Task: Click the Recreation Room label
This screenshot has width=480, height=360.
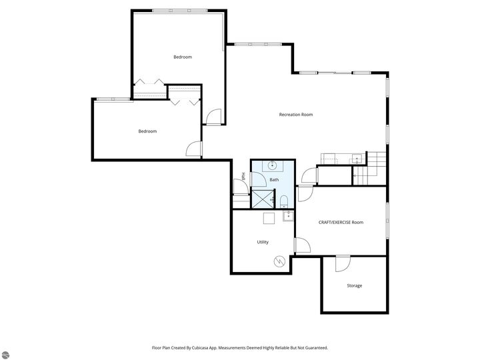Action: (x=296, y=115)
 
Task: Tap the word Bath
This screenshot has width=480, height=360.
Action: (x=274, y=180)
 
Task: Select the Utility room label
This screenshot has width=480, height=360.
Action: (x=263, y=242)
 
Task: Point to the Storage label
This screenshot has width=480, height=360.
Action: (x=355, y=285)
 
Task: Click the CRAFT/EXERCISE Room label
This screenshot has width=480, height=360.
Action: (x=341, y=222)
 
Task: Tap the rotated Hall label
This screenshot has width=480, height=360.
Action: (x=244, y=176)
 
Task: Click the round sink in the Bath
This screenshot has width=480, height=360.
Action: (x=272, y=165)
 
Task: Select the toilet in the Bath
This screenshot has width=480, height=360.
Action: (x=284, y=202)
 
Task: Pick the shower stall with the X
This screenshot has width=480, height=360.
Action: (x=263, y=199)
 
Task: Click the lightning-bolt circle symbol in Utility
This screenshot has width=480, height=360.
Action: (x=279, y=261)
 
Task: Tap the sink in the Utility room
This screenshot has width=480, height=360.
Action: (x=288, y=216)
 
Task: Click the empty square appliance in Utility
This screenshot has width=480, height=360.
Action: (x=269, y=218)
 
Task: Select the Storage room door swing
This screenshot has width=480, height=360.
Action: (x=343, y=264)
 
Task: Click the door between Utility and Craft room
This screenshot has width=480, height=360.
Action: (x=303, y=245)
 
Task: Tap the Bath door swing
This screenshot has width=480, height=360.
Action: (x=259, y=179)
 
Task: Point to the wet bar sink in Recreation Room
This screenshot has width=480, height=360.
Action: (x=356, y=159)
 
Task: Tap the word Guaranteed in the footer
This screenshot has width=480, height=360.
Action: (x=317, y=348)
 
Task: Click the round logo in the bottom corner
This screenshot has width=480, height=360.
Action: (x=5, y=355)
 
